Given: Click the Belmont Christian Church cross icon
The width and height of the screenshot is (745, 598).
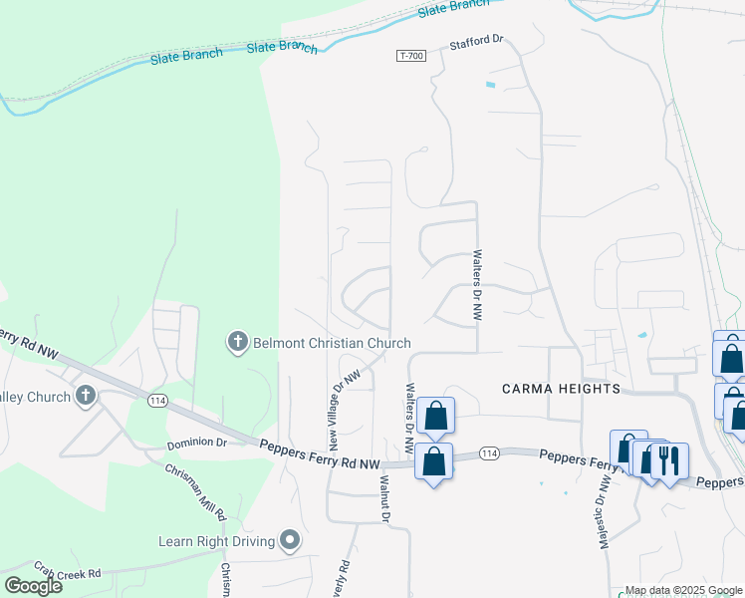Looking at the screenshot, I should [x=237, y=343].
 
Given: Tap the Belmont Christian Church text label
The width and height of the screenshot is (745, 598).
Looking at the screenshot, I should [x=330, y=344].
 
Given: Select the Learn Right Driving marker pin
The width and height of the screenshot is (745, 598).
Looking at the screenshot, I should [x=290, y=541].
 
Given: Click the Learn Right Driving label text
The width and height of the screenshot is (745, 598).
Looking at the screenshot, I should [x=216, y=542].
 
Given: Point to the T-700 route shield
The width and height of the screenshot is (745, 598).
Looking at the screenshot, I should [x=410, y=56].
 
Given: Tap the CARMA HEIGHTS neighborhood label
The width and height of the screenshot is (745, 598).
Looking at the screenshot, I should [x=561, y=388].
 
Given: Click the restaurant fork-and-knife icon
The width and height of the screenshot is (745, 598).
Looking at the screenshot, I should [x=668, y=460].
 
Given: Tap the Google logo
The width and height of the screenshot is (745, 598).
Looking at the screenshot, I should [x=34, y=585].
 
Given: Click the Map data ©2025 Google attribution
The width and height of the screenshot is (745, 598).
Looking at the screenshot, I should [x=683, y=591].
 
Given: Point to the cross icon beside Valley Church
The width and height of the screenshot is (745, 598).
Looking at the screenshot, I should [x=85, y=397].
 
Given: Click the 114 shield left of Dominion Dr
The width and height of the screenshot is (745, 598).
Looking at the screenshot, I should [x=154, y=400].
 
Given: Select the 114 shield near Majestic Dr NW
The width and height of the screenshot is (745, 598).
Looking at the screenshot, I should [x=486, y=453].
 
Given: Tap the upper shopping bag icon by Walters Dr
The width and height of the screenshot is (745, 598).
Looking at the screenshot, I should [x=436, y=415].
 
